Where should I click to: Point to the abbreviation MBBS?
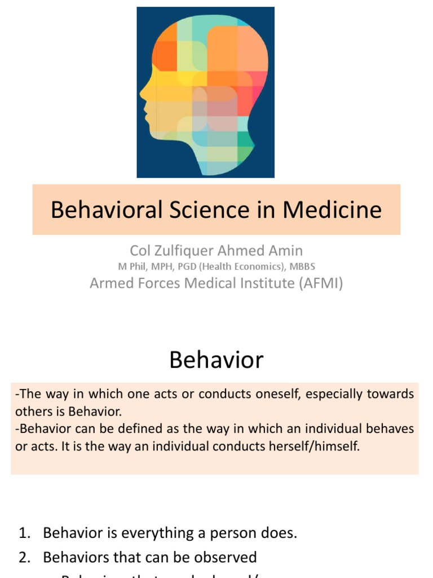pos(302,266)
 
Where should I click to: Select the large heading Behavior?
pos(216,360)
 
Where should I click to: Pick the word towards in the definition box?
pos(391,393)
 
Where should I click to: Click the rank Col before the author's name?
pos(140,250)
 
